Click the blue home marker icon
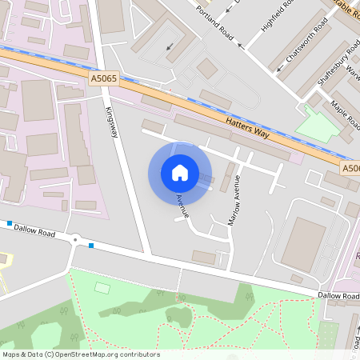click(180, 173)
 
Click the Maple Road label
click(345, 113)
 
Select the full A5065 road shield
click(104, 78)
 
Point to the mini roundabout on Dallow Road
click(75, 239)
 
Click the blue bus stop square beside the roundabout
click(92, 245)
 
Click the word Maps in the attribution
click(11, 354)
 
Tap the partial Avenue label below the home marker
click(182, 206)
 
